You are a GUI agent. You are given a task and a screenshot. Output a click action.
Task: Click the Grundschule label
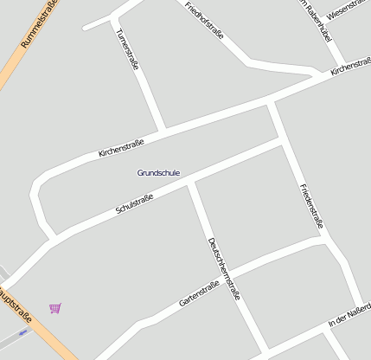(158, 173)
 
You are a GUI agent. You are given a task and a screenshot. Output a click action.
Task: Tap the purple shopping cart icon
(55, 308)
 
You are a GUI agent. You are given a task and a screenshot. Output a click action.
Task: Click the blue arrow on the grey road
(23, 331)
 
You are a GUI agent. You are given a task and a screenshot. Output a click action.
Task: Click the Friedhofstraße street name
(205, 21)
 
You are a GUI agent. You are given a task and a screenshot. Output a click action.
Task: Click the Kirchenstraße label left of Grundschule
(121, 145)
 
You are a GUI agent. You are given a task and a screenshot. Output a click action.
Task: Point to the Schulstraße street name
(134, 205)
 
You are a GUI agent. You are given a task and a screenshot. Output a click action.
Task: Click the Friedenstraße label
(310, 206)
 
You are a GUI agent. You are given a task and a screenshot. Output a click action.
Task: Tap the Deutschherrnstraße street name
(224, 269)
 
